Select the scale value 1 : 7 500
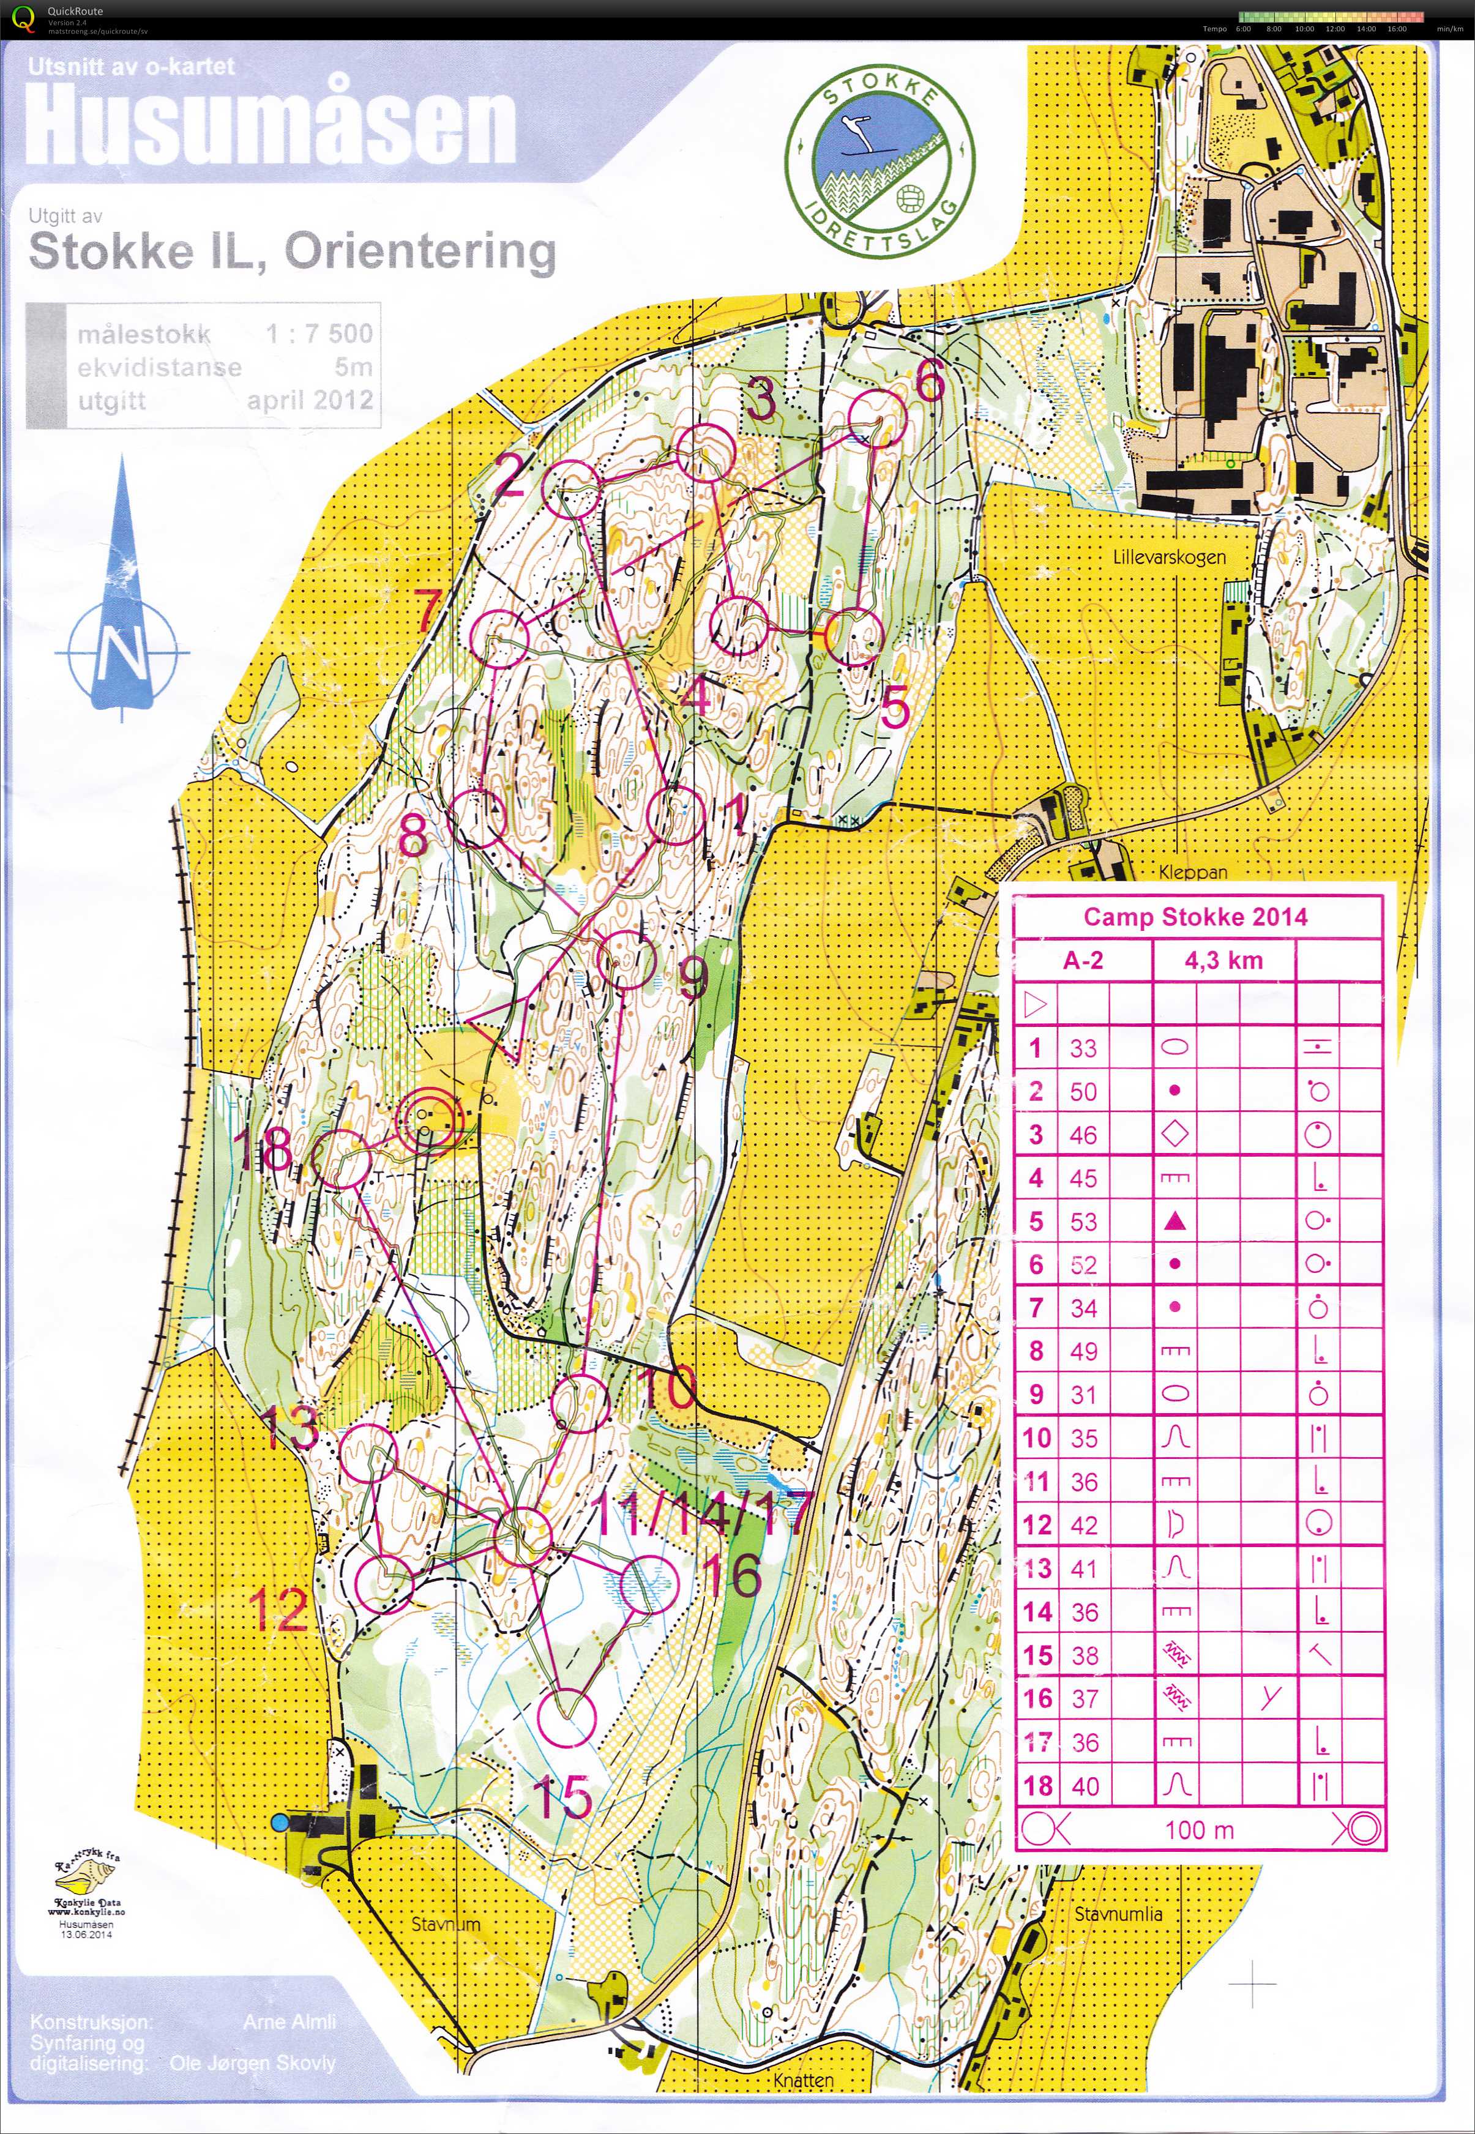point(319,334)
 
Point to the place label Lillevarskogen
point(1169,558)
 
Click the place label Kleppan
point(1193,871)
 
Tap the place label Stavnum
point(446,1924)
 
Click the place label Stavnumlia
point(1118,1914)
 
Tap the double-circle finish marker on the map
point(428,1120)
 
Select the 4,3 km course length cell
point(1223,960)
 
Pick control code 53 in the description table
point(1083,1222)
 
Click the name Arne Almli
point(289,2022)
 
